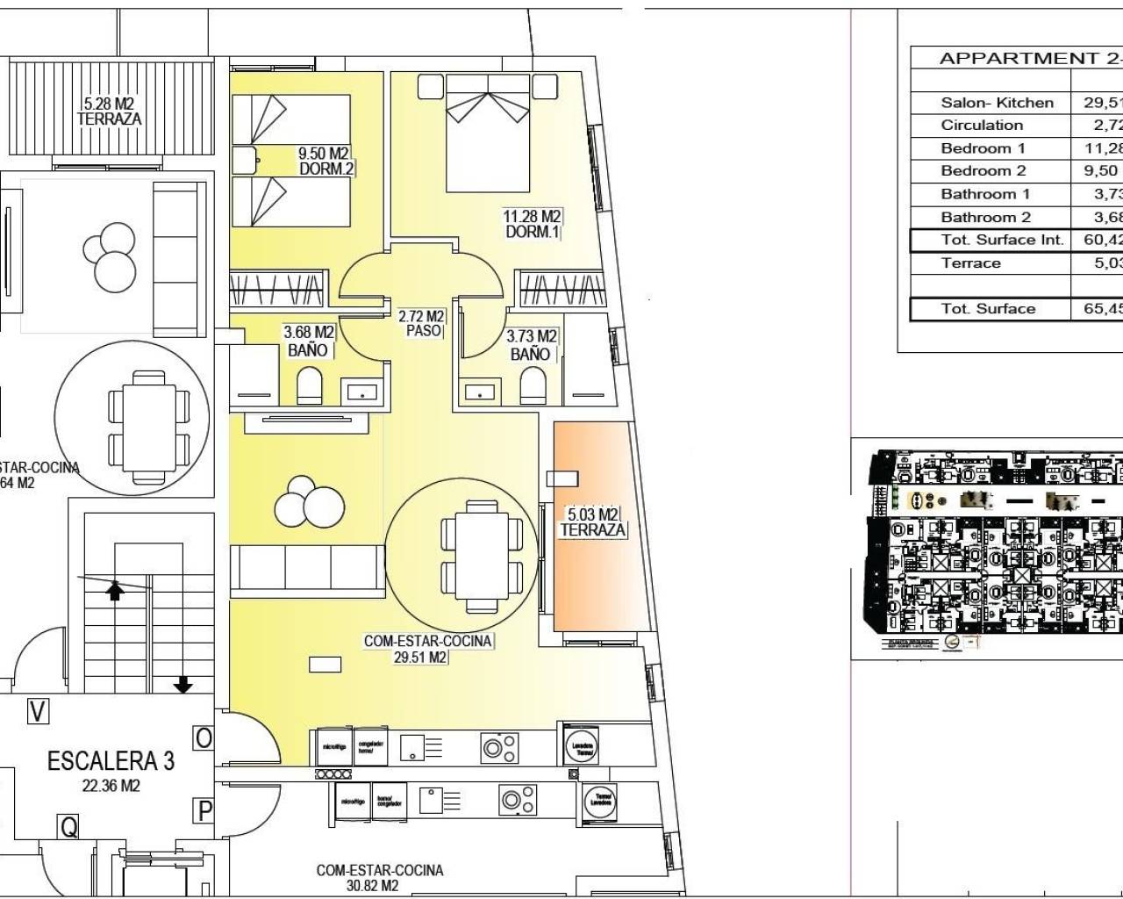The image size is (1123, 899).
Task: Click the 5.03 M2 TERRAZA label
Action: point(593,521)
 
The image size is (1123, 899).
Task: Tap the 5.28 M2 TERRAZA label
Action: point(109,111)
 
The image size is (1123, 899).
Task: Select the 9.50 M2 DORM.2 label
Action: point(326,161)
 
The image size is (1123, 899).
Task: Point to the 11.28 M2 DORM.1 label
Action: point(532,224)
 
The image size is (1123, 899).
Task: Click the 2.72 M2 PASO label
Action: point(422,323)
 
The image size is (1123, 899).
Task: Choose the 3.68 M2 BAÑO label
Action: point(308,342)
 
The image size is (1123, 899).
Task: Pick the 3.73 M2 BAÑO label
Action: point(531,345)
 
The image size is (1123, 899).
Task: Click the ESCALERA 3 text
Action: point(111,760)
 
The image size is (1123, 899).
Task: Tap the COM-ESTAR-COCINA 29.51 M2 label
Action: point(428,649)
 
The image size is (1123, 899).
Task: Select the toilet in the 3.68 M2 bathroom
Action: point(311,385)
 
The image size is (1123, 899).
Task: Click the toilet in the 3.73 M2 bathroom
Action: point(533,385)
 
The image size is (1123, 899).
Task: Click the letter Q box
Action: point(67,825)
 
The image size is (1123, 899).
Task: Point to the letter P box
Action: point(204,809)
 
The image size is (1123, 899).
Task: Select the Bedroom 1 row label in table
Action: point(983,147)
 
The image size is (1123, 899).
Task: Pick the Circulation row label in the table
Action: point(982,125)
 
